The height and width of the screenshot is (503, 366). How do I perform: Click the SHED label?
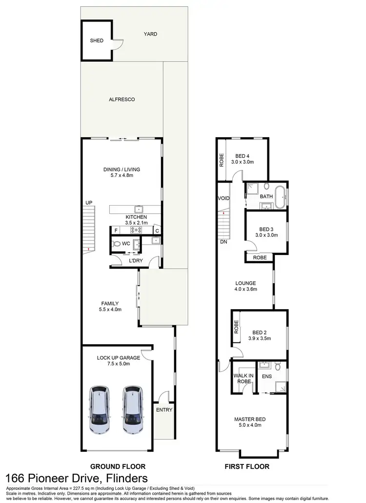pyautogui.click(x=97, y=41)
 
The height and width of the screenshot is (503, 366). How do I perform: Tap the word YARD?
pyautogui.click(x=150, y=34)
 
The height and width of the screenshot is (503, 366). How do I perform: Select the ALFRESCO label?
pyautogui.click(x=122, y=99)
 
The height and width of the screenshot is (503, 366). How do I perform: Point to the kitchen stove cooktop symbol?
pyautogui.click(x=135, y=230)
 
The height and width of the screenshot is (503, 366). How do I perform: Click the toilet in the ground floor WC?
pyautogui.click(x=116, y=243)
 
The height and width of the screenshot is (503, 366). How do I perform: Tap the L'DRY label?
pyautogui.click(x=135, y=260)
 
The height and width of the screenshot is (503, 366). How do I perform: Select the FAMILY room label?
pyautogui.click(x=109, y=303)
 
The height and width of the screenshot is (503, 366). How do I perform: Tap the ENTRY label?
pyautogui.click(x=164, y=410)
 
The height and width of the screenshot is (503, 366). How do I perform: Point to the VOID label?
pyautogui.click(x=224, y=199)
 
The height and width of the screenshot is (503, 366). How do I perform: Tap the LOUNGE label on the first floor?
pyautogui.click(x=245, y=283)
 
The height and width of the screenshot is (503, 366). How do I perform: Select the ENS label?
pyautogui.click(x=267, y=377)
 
